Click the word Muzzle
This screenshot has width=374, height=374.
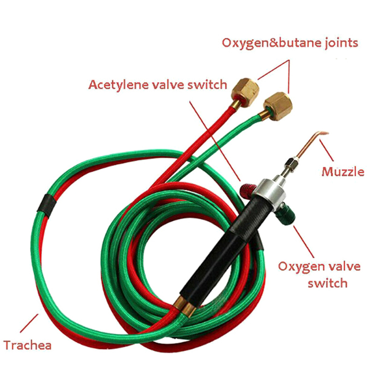(x=343, y=172)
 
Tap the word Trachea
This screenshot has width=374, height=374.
(x=28, y=345)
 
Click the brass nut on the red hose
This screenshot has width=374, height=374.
(x=245, y=92)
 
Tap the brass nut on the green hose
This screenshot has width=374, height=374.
(x=278, y=107)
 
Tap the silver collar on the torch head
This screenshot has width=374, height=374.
(x=269, y=192)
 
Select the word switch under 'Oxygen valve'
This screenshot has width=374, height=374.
(x=328, y=283)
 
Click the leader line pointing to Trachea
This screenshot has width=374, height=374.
(x=29, y=323)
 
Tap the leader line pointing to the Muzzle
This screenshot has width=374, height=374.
(x=326, y=151)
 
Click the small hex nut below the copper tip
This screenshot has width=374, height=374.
(x=292, y=163)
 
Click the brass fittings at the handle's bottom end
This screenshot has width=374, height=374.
(x=185, y=307)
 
